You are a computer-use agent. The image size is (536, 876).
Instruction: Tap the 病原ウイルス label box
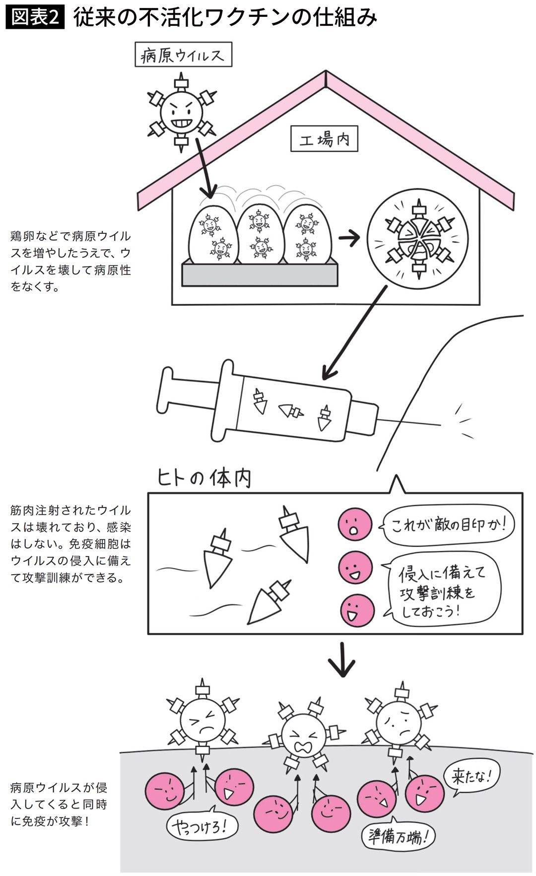click(x=183, y=55)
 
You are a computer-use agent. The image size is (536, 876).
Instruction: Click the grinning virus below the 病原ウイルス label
click(x=182, y=113)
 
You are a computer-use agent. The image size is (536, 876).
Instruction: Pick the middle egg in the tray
click(x=260, y=233)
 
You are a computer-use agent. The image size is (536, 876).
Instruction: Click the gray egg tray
click(x=260, y=274)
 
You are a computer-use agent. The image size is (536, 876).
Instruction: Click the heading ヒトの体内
click(x=204, y=477)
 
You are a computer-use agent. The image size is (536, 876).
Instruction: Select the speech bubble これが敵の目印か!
click(x=447, y=525)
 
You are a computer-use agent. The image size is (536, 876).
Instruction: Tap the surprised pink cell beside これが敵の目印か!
click(x=355, y=525)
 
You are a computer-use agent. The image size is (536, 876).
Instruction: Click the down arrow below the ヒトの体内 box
click(x=342, y=661)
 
